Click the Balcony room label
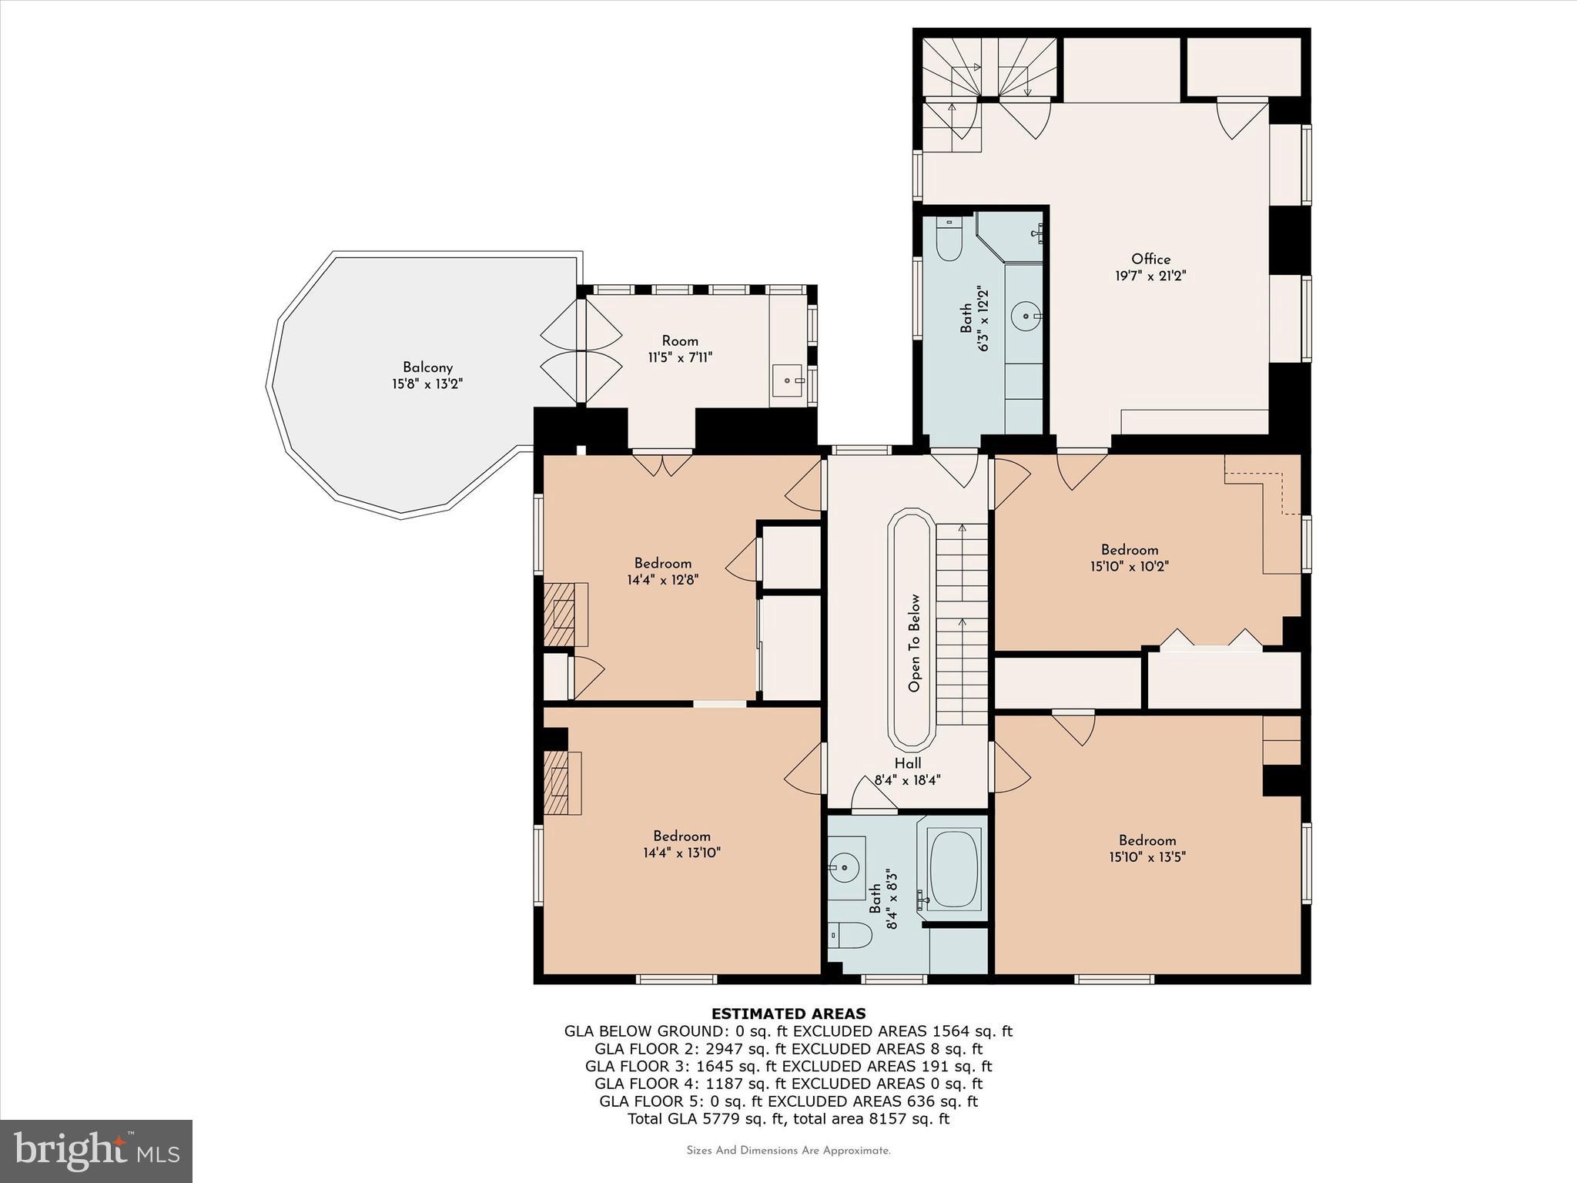(427, 367)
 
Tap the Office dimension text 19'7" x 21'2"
(1150, 276)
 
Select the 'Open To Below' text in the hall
(914, 642)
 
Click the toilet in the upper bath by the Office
(948, 242)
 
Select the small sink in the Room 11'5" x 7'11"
(788, 379)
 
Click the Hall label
(908, 763)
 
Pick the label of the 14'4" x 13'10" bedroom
(681, 836)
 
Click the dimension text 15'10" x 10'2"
(1130, 566)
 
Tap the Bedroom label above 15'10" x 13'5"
(1147, 840)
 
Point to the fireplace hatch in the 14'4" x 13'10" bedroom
(556, 783)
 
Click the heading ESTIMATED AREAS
(788, 1014)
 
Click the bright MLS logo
(96, 1151)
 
